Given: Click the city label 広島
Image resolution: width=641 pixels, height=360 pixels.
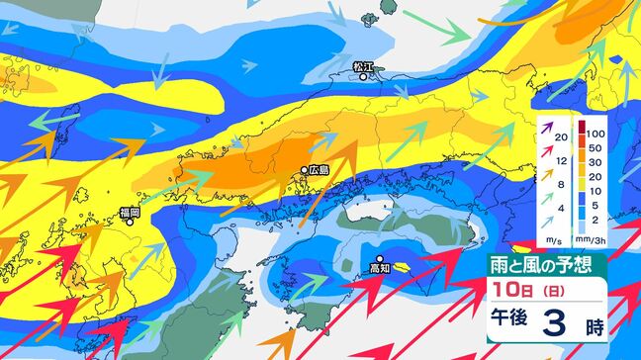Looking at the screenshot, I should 319,170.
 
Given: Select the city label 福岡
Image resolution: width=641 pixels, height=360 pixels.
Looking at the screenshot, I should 130,212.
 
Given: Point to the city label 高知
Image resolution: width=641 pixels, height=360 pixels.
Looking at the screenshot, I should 380,267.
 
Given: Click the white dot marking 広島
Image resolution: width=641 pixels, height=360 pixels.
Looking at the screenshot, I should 304,171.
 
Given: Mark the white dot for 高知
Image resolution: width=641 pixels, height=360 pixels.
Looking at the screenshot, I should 379,258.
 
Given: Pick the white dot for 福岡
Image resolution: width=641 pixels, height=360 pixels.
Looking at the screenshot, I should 129,222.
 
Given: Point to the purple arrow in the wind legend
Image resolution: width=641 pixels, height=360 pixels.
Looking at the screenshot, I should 545,126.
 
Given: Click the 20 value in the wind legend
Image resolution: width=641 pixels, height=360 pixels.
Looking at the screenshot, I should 561,136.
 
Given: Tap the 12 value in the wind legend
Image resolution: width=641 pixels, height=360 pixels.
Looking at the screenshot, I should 561,159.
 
